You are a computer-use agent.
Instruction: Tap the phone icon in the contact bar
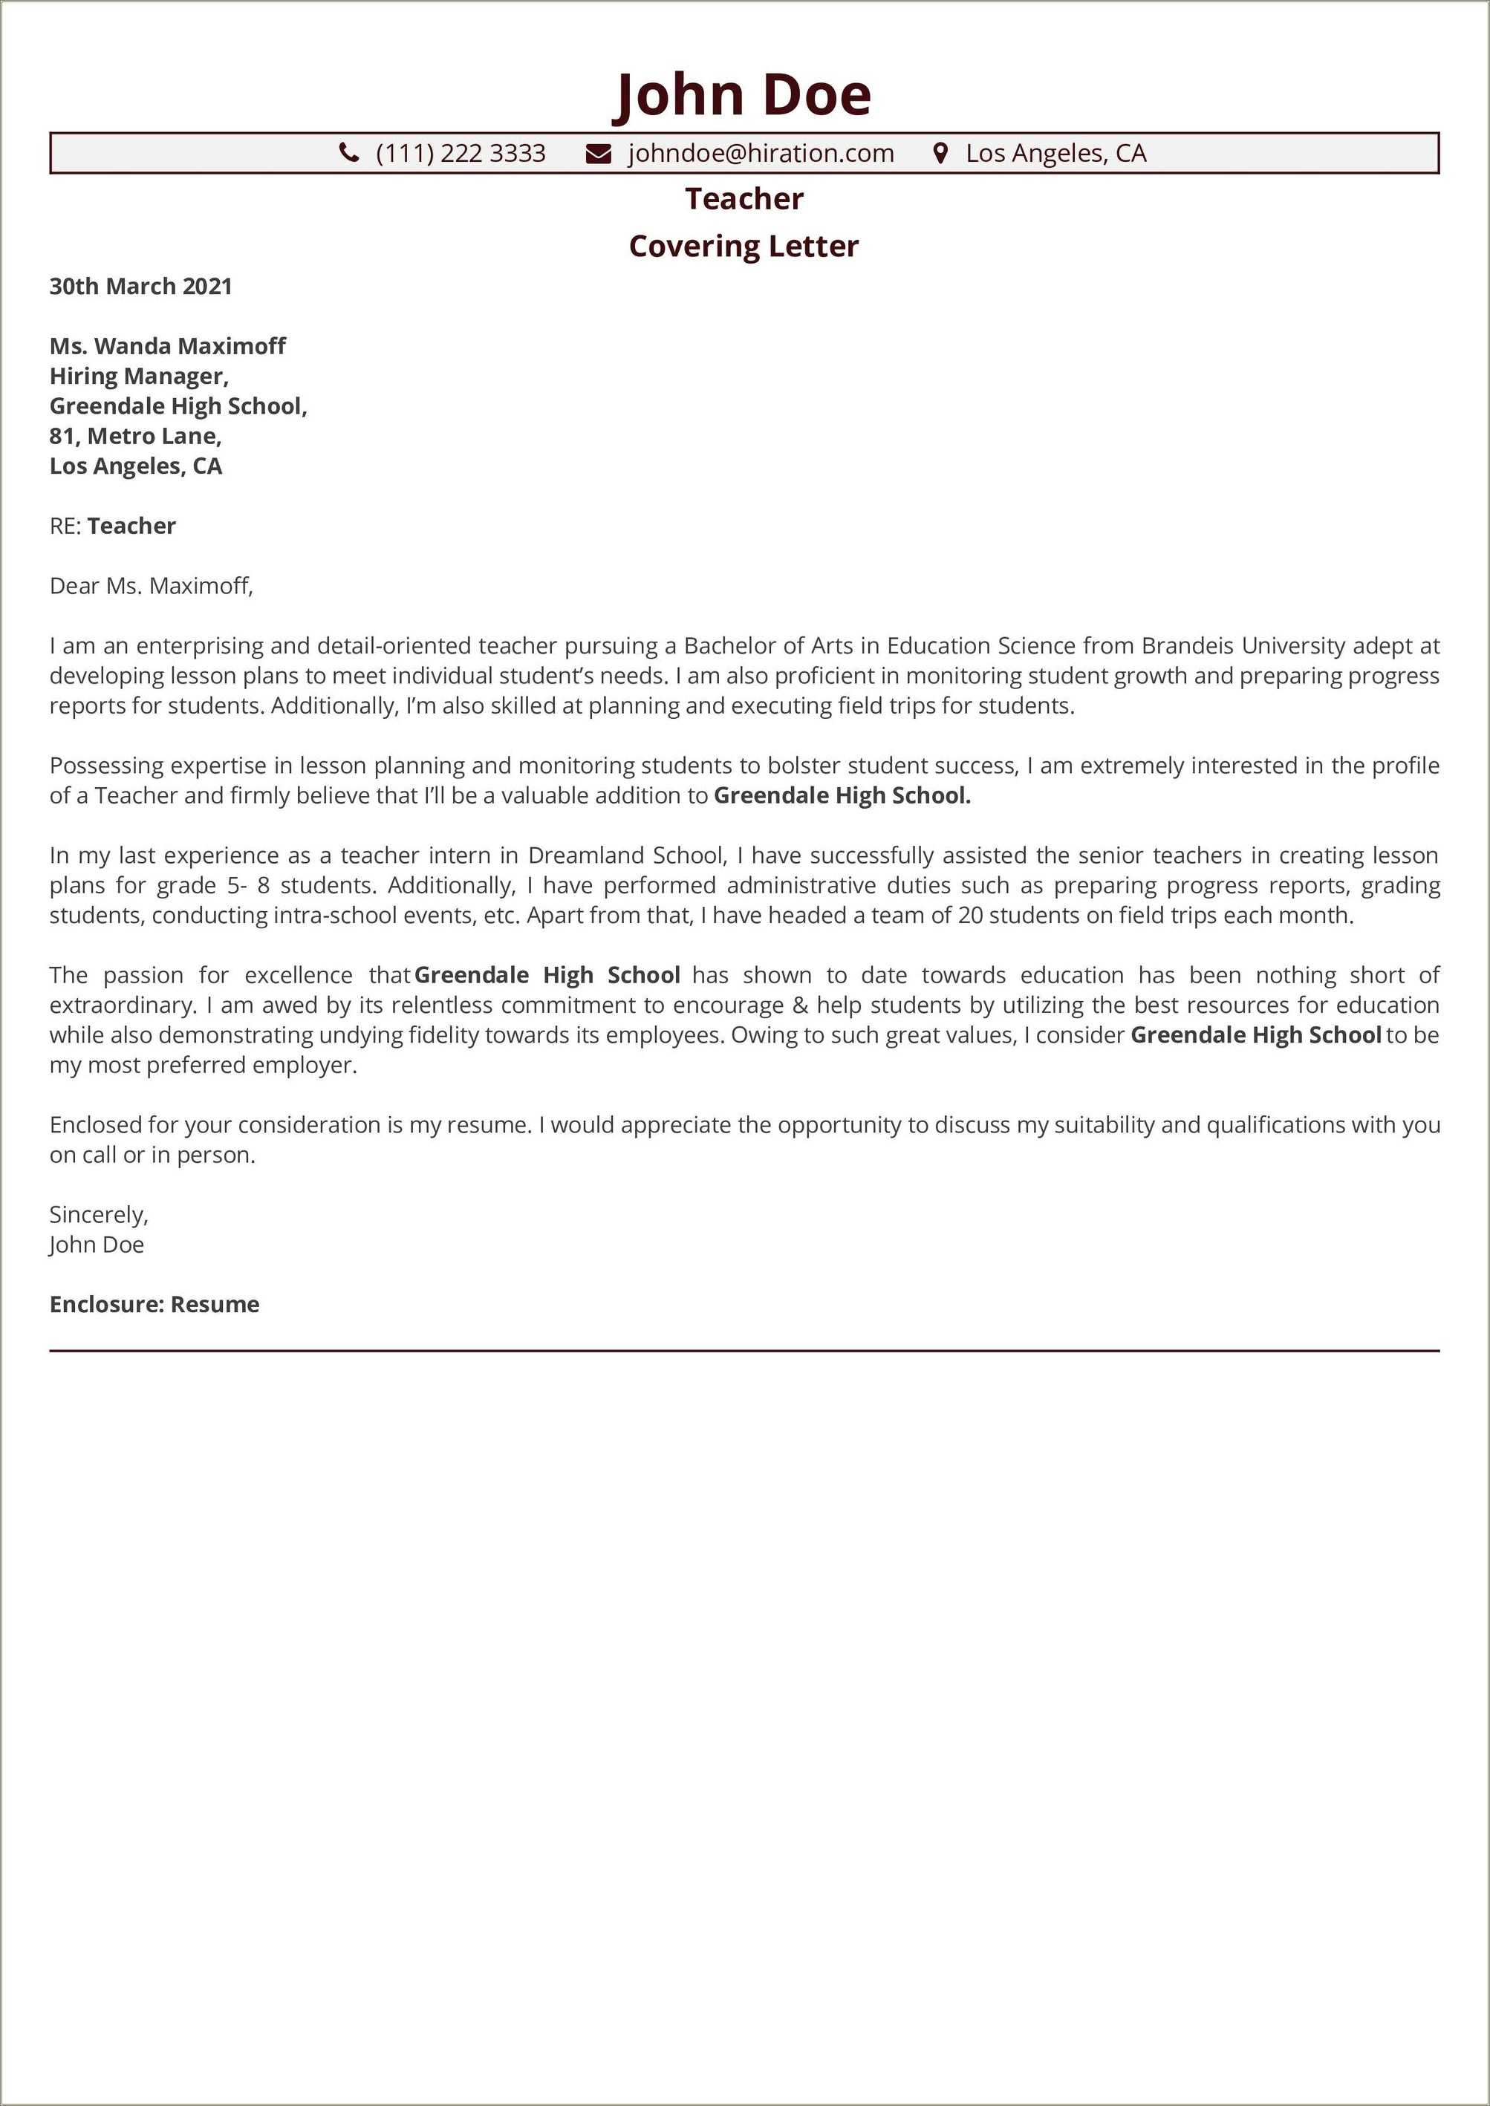[348, 152]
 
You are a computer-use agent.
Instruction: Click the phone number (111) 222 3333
[460, 153]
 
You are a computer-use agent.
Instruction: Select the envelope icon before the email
[598, 153]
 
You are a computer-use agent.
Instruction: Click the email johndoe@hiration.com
[761, 153]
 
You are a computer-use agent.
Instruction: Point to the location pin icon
[940, 152]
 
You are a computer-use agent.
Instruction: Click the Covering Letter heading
[744, 246]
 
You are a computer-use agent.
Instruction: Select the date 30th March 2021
[140, 286]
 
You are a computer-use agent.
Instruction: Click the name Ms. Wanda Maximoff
[167, 346]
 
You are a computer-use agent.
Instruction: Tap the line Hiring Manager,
[139, 376]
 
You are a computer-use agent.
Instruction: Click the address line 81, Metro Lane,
[135, 436]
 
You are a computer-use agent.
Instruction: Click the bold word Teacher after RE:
[131, 526]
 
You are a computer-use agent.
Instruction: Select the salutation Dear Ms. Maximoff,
[151, 585]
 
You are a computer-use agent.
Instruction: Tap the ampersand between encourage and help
[799, 1005]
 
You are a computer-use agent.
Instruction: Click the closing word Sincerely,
[98, 1214]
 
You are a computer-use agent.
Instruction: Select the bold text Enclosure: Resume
[154, 1304]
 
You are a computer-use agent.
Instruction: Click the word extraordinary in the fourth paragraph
[122, 1005]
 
